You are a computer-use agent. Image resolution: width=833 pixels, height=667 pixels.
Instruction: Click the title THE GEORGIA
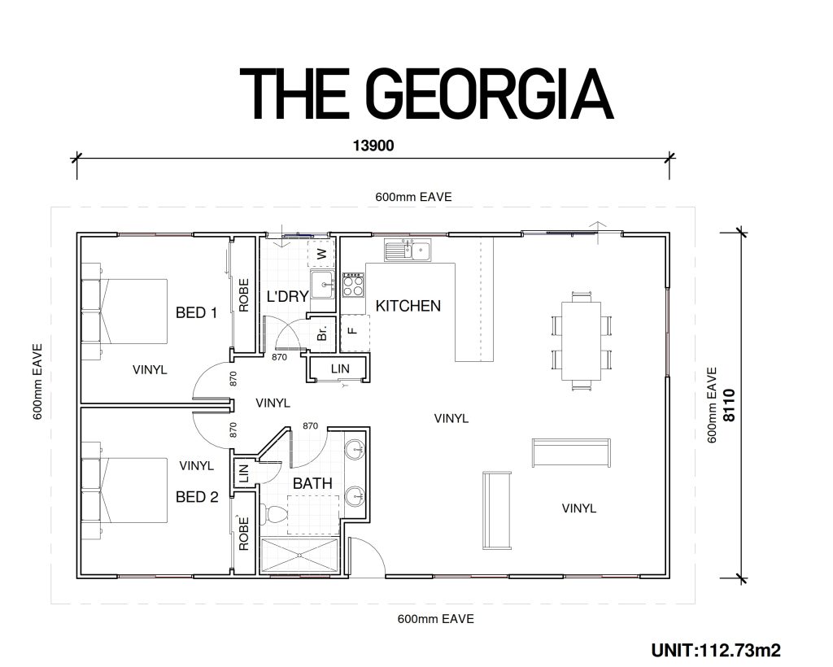(426, 94)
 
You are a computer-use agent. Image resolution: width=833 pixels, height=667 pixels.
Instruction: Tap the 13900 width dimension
(373, 146)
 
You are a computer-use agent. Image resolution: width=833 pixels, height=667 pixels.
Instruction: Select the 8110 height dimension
(730, 405)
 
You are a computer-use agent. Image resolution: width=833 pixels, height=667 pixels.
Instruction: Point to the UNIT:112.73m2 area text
(716, 650)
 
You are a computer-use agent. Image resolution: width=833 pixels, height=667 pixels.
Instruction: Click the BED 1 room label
(197, 313)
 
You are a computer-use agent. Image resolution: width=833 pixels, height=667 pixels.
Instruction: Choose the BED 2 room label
(197, 497)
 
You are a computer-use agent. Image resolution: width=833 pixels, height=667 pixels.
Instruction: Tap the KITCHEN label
(408, 306)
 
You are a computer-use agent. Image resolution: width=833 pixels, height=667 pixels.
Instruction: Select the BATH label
(312, 484)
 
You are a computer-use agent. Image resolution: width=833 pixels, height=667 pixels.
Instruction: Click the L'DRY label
(287, 296)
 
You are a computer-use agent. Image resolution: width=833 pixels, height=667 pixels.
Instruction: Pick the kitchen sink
(408, 251)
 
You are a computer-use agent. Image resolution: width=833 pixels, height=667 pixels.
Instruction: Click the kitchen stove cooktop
(353, 286)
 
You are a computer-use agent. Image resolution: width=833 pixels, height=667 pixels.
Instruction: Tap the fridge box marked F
(355, 333)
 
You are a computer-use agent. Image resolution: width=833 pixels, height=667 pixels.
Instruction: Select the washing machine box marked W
(321, 254)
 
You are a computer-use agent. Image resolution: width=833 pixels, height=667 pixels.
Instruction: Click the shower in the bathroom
(299, 556)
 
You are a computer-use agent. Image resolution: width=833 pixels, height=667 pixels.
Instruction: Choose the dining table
(581, 341)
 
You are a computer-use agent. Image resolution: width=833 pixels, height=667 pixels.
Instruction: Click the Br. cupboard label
(322, 333)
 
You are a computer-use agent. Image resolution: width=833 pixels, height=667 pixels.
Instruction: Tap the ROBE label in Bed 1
(244, 296)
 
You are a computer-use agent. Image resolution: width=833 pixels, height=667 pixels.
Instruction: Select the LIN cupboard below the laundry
(339, 368)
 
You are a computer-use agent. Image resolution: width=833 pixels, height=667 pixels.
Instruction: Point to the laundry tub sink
(322, 285)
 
